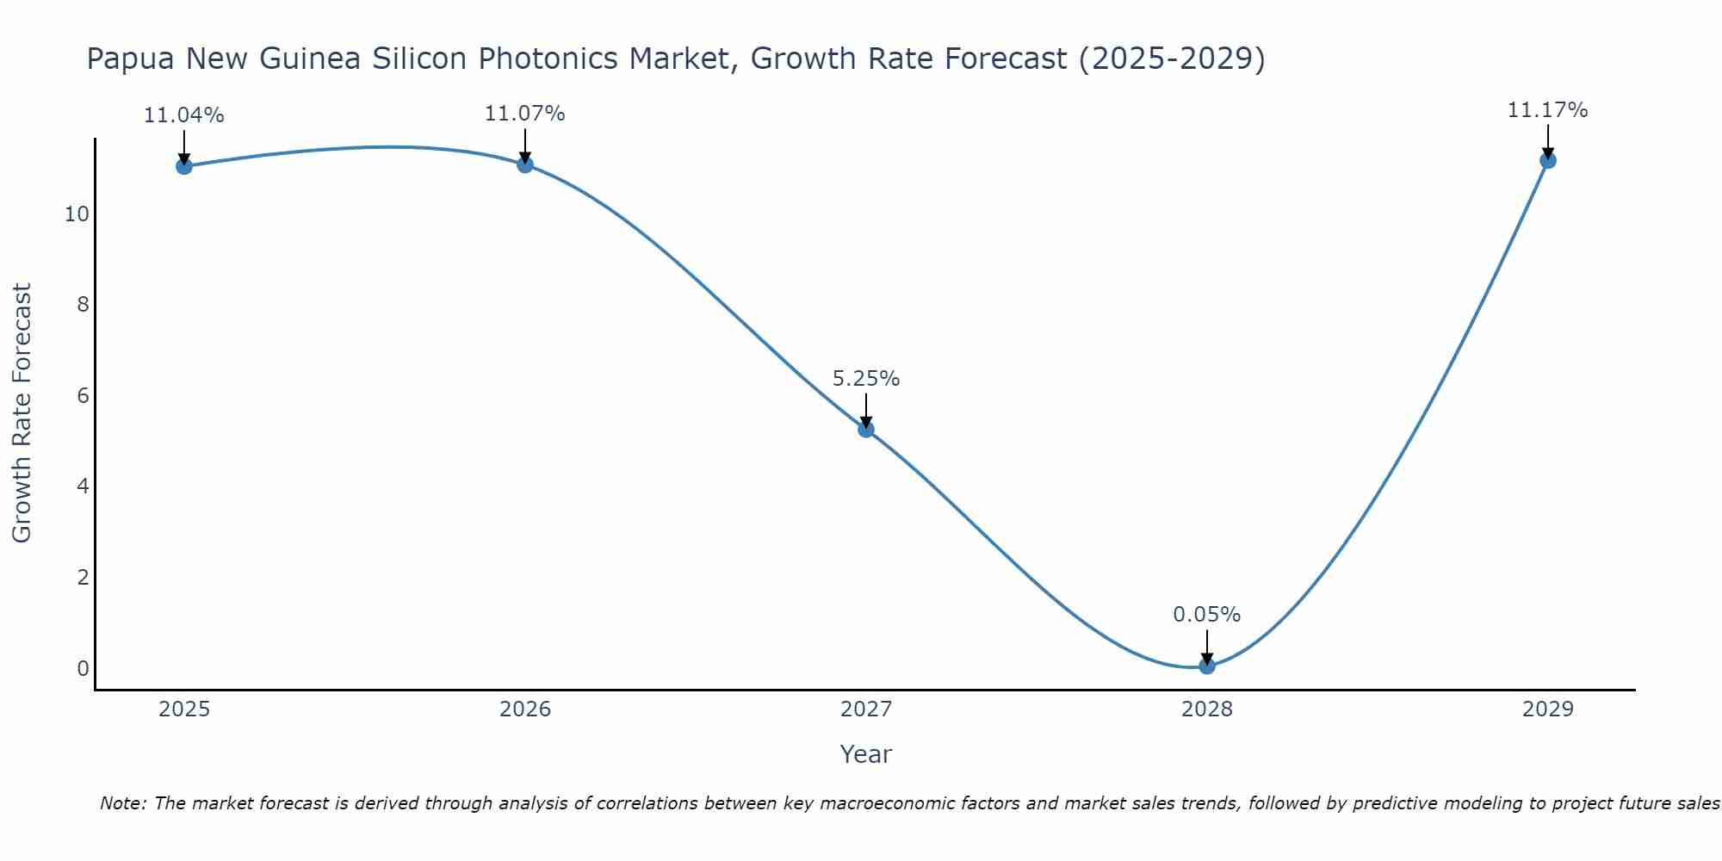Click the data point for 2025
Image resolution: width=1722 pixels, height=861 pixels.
point(184,166)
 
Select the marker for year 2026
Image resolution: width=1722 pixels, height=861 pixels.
point(525,164)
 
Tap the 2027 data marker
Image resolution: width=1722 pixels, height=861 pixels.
point(866,430)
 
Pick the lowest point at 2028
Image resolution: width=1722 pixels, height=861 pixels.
point(1207,666)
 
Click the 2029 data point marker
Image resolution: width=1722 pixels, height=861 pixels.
point(1547,160)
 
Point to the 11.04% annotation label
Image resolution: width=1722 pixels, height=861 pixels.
point(184,115)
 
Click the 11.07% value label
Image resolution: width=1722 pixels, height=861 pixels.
point(525,114)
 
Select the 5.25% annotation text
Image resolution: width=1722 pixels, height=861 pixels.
point(866,379)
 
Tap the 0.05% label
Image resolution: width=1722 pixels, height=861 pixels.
point(1207,615)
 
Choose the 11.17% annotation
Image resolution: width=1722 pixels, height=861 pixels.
point(1547,110)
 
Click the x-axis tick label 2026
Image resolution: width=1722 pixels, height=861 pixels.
point(525,709)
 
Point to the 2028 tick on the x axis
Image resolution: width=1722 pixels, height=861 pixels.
point(1207,709)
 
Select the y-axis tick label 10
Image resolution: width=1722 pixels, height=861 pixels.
point(77,214)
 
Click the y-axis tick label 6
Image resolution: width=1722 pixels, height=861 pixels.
point(83,396)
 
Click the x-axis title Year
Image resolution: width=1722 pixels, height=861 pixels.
point(866,754)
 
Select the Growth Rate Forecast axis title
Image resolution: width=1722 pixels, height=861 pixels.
point(22,413)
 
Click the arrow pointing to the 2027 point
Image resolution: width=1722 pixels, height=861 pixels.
point(866,410)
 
